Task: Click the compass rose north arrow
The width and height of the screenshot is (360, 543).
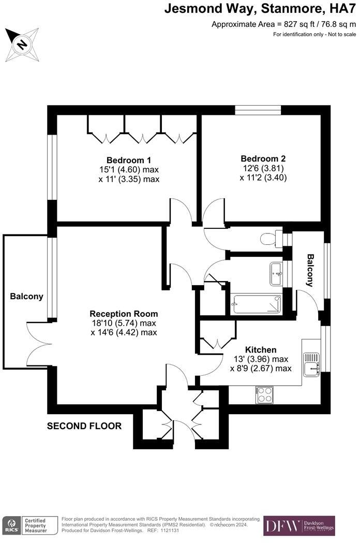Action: (22, 43)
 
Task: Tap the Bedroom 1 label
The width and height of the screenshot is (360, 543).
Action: (128, 159)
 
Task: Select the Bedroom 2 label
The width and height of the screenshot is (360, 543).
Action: (263, 158)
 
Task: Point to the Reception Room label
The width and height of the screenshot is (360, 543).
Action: (124, 314)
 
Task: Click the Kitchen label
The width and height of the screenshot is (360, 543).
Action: (261, 350)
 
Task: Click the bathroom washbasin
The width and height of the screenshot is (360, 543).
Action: (276, 273)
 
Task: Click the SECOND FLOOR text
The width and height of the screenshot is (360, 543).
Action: (84, 427)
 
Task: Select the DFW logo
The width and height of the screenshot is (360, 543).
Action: (282, 526)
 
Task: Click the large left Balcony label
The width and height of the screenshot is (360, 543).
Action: (26, 297)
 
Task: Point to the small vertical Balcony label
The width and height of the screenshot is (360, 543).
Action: (310, 270)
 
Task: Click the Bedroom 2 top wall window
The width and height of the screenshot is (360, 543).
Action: (258, 110)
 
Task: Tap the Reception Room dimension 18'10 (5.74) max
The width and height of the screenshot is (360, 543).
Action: (123, 323)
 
